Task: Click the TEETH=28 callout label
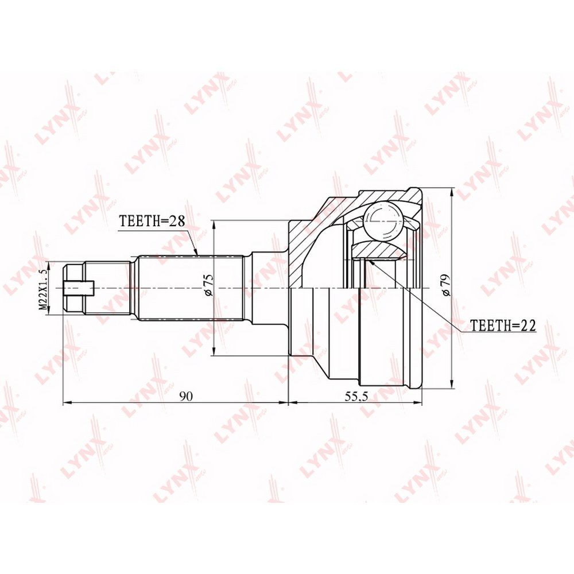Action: tap(152, 221)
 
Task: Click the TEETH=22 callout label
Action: tap(503, 325)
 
